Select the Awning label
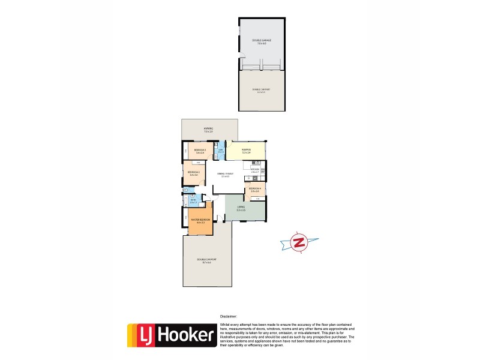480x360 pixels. pyautogui.click(x=208, y=130)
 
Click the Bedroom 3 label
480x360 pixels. pyautogui.click(x=200, y=151)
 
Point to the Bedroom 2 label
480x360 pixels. pyautogui.click(x=193, y=174)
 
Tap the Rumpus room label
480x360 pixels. pyautogui.click(x=246, y=151)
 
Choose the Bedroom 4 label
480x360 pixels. pyautogui.click(x=255, y=190)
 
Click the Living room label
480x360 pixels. pyautogui.click(x=242, y=209)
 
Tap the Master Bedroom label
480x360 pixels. pyautogui.click(x=200, y=221)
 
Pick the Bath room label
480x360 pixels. pyautogui.click(x=193, y=202)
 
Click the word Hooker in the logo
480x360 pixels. pyautogui.click(x=185, y=335)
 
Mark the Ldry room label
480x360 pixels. pyautogui.click(x=221, y=151)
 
